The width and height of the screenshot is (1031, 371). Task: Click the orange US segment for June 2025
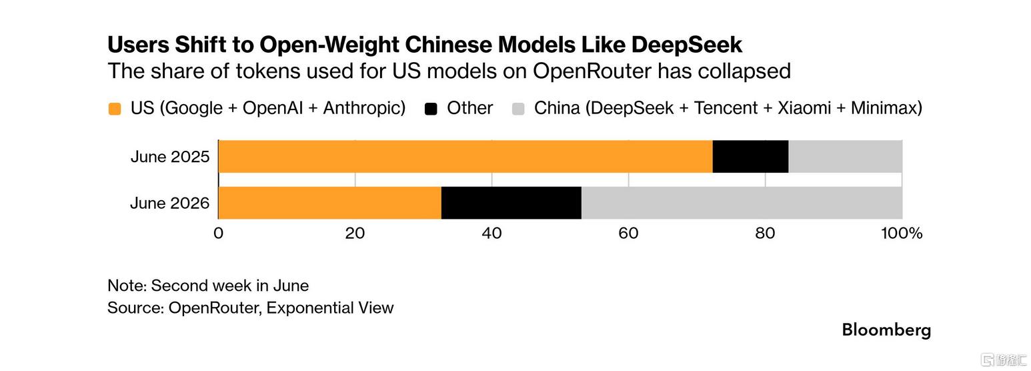point(465,157)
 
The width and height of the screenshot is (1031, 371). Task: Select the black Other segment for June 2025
point(750,157)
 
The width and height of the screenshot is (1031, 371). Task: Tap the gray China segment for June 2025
point(845,157)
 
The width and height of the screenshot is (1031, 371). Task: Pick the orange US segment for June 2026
point(329,203)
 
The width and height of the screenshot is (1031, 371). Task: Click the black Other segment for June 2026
point(511,203)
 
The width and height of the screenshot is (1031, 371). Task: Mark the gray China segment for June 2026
point(742,203)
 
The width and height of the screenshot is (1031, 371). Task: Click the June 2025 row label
point(170,157)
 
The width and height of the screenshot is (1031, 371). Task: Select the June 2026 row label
point(170,203)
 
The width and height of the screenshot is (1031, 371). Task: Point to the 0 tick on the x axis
point(218,233)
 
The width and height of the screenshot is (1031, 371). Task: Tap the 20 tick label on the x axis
point(355,233)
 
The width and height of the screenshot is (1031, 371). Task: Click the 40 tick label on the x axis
point(491,233)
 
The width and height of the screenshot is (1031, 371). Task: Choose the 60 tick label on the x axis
point(628,233)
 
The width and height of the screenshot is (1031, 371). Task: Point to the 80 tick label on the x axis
point(765,233)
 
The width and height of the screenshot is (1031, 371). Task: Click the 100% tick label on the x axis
point(902,233)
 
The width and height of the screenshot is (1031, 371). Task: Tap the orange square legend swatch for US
point(115,109)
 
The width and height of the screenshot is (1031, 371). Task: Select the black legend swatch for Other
point(431,109)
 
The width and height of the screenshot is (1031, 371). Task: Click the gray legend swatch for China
point(518,109)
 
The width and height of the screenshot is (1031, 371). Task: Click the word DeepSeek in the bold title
point(687,45)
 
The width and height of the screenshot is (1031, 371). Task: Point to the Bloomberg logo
point(886,330)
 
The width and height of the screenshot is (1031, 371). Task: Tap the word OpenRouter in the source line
point(215,308)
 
